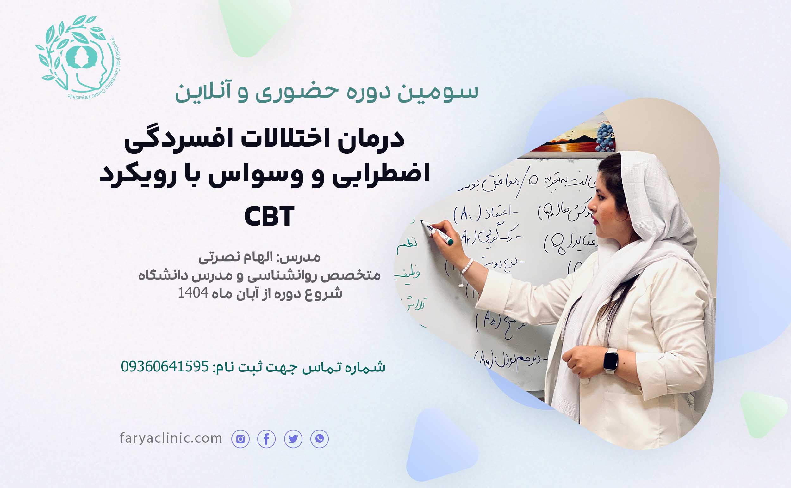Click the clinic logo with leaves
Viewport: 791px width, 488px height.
[78, 57]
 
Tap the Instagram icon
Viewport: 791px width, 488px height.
[240, 439]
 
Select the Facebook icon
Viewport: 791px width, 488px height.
[266, 439]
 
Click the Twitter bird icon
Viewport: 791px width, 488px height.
[293, 439]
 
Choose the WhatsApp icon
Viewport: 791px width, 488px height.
[319, 439]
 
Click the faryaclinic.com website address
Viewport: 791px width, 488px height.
[171, 438]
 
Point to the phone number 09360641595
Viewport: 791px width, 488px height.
[165, 366]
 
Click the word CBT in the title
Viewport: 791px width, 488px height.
[269, 216]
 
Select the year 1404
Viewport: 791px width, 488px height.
[193, 293]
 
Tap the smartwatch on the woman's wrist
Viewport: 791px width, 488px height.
[611, 360]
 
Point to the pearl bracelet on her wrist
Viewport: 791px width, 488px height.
[467, 266]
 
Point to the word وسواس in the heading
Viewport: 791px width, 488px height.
[255, 174]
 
